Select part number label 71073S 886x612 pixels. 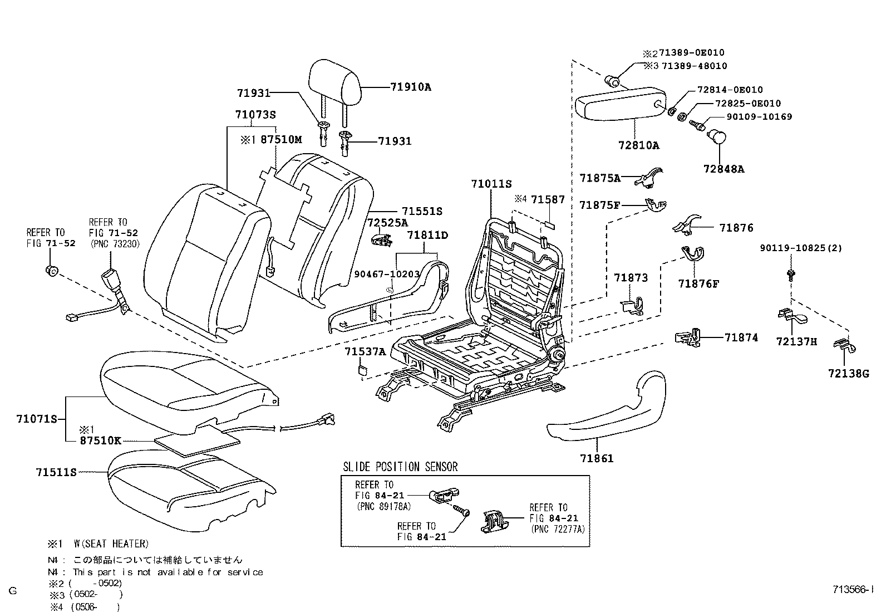point(255,115)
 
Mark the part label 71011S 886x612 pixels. point(491,184)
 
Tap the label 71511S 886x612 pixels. point(56,472)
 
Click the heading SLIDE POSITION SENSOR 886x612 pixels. point(400,467)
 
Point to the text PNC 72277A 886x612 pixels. point(558,529)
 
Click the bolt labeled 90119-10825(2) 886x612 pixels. point(790,273)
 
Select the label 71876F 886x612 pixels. point(698,283)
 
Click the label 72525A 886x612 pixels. point(387,223)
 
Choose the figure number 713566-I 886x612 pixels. point(853,589)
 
